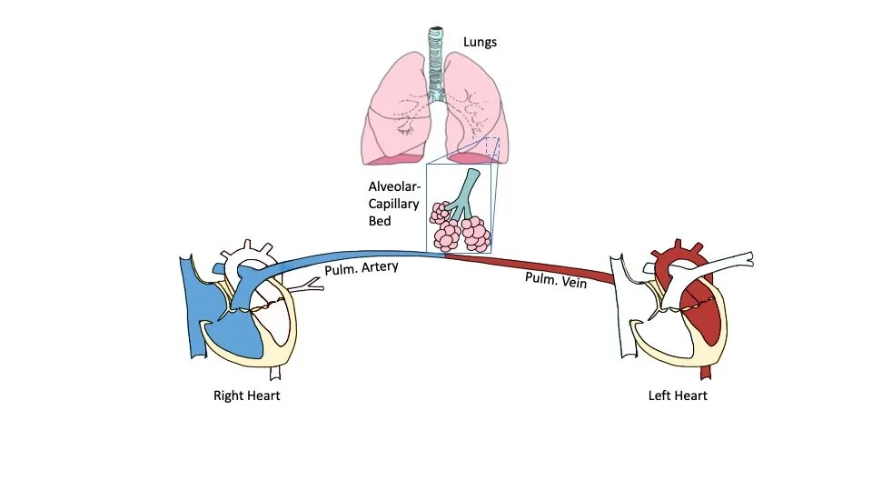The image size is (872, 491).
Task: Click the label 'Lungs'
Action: coord(481,41)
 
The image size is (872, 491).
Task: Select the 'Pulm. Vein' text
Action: coord(556,280)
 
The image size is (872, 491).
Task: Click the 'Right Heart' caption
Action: coord(246,396)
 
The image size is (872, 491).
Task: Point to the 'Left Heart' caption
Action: coord(677,396)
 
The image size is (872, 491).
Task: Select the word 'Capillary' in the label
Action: coord(393,204)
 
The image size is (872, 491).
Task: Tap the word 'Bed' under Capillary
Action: coord(380,221)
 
